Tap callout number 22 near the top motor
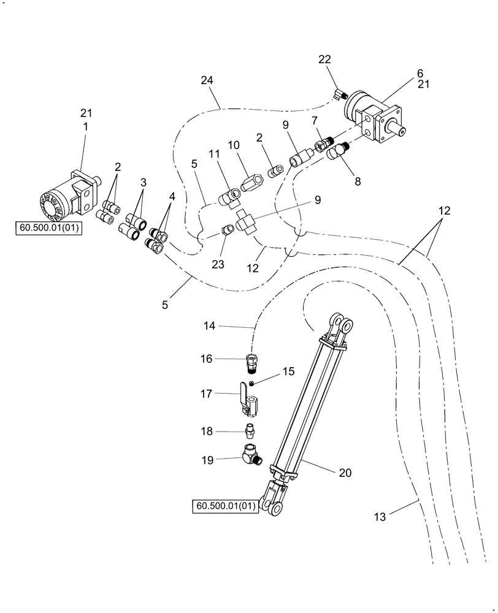click(x=324, y=59)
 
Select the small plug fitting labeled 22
click(x=341, y=94)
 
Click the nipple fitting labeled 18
click(x=251, y=429)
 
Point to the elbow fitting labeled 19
click(x=251, y=457)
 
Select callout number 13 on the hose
click(x=381, y=517)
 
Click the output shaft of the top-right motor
click(x=405, y=131)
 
